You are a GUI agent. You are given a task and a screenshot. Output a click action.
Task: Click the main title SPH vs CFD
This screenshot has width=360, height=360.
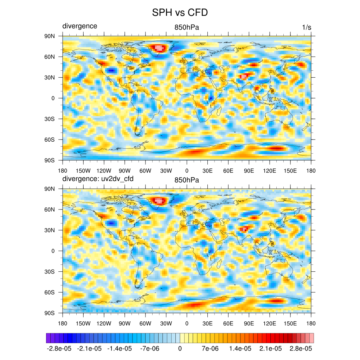(x=180, y=13)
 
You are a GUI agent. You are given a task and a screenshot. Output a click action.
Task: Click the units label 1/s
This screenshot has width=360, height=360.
(x=307, y=27)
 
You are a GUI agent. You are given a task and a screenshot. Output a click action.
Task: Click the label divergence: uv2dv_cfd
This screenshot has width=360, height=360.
(x=98, y=179)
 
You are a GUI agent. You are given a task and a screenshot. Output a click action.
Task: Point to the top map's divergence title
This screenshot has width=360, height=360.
(x=80, y=26)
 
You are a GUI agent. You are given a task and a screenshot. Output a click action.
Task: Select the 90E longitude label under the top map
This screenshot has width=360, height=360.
(x=249, y=171)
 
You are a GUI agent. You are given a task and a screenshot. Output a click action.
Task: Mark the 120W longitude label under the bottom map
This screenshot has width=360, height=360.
(x=104, y=323)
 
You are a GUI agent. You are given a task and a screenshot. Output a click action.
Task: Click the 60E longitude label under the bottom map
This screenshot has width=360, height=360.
(x=228, y=323)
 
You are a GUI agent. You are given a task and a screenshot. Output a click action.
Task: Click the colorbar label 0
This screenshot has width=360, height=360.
(x=180, y=348)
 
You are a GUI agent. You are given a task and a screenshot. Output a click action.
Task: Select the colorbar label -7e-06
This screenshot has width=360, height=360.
(x=149, y=348)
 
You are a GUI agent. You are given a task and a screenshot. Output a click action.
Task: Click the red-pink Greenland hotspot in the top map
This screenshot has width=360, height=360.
(x=159, y=48)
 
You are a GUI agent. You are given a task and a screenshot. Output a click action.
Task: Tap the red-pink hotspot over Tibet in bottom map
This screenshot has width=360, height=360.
(x=244, y=229)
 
